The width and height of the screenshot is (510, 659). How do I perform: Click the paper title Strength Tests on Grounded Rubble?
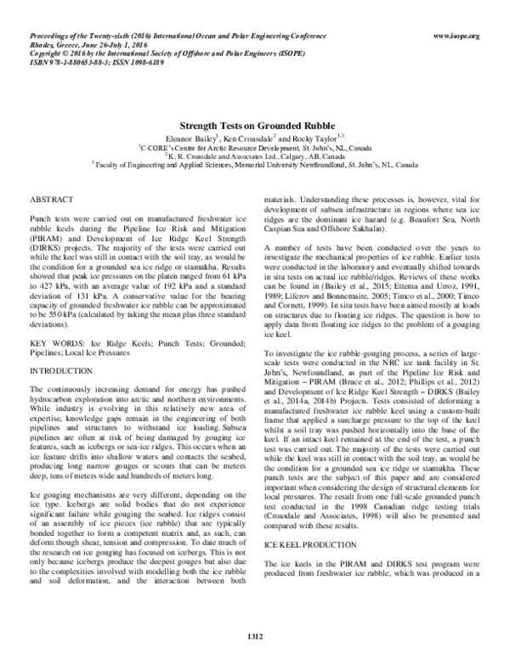[254, 123]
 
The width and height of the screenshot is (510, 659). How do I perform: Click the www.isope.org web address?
[456, 36]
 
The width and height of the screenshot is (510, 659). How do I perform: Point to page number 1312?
[255, 635]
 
